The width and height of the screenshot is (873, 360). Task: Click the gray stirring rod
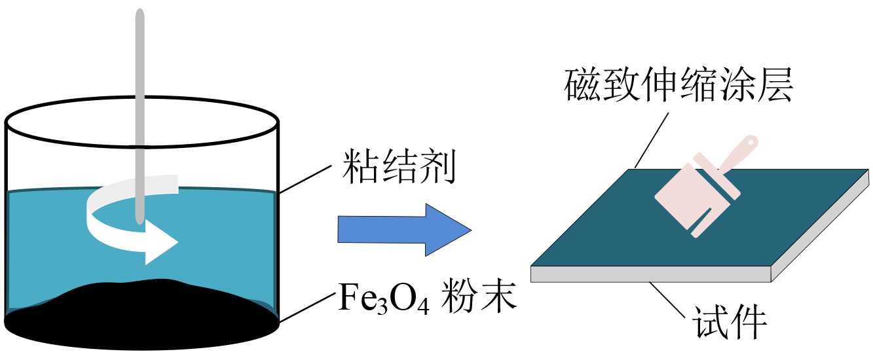click(139, 98)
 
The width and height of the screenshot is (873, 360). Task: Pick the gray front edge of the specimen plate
click(648, 275)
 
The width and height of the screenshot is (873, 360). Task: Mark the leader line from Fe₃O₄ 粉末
click(308, 308)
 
